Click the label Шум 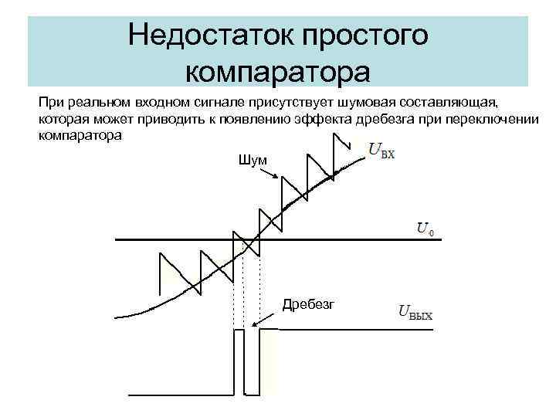254,159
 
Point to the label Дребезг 308,304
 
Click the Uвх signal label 381,150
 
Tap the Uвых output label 415,314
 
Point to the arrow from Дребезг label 266,317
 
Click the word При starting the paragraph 49,101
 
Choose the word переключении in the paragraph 484,119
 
